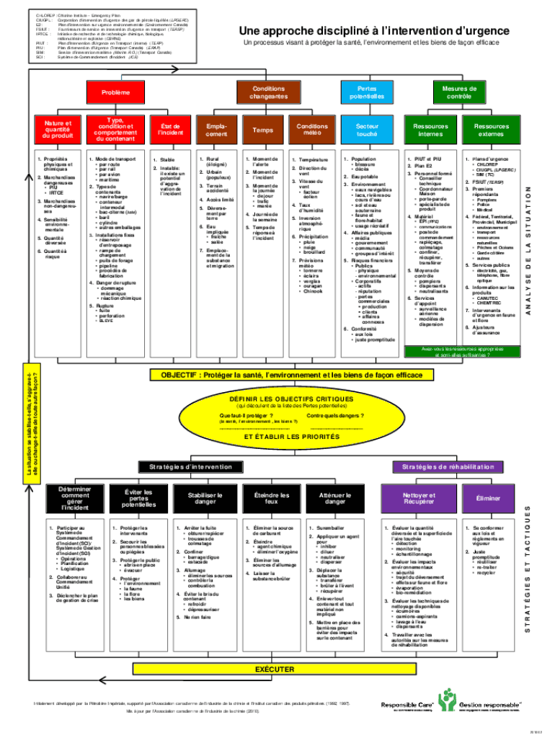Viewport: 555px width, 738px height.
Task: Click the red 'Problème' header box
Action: tap(116, 93)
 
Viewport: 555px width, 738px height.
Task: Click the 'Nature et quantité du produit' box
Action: tap(58, 130)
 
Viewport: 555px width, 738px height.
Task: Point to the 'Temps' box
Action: tap(262, 130)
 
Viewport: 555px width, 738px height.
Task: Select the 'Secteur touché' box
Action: tap(367, 130)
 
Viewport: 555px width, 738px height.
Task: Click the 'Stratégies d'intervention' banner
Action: tap(186, 467)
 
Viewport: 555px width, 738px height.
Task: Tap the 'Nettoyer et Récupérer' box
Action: tap(418, 499)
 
